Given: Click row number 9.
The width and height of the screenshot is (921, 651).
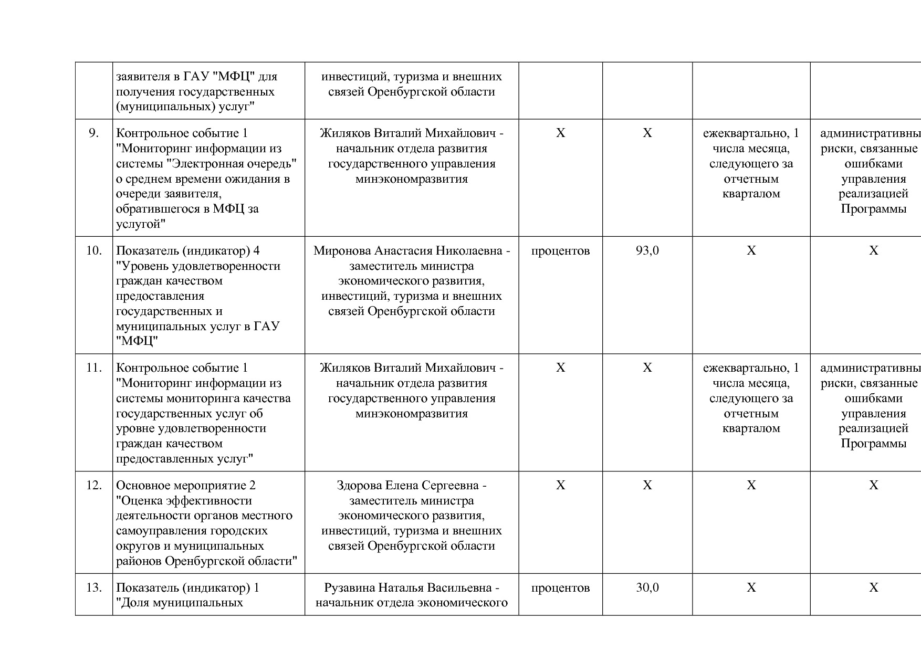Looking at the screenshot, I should point(93,133).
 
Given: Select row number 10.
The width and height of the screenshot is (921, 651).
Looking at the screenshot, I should point(93,251).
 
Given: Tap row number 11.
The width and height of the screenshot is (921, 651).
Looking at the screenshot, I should point(93,368).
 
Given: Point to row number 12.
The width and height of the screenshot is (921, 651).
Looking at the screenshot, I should point(93,486).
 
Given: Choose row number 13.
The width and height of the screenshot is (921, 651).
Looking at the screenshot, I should point(93,587).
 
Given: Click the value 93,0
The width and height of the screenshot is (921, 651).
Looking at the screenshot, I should point(647,251).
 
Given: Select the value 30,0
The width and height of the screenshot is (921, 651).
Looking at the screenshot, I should point(647,587).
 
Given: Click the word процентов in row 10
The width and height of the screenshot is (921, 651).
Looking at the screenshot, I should point(560,251).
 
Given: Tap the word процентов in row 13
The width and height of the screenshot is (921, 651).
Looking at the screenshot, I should point(560,587).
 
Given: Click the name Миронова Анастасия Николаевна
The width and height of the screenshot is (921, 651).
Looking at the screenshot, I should point(407,251).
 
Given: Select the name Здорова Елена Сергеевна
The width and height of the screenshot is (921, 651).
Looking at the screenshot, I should point(407,486).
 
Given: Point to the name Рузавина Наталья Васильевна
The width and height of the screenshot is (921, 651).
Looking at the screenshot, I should point(407,587).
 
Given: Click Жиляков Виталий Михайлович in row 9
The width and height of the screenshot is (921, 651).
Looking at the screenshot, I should point(407,133).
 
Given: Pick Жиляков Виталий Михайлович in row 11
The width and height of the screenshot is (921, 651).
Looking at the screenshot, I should point(407,368).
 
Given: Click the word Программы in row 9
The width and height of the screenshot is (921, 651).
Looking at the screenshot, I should point(873,209).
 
